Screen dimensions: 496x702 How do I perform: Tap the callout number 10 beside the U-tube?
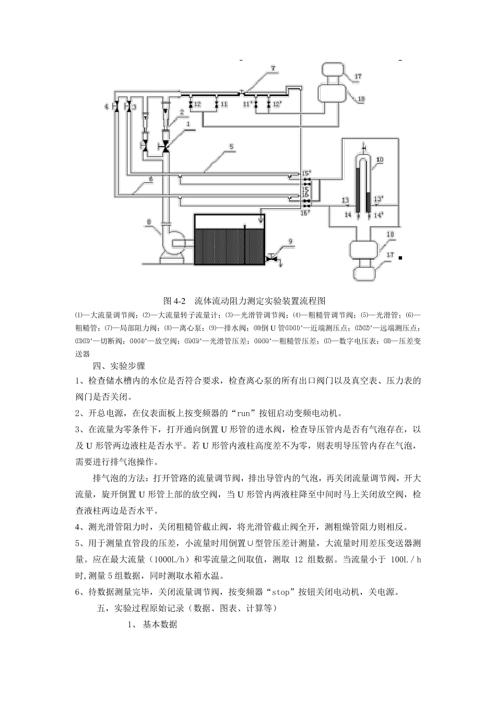click(x=380, y=159)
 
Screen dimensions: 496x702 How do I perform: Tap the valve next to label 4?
click(x=116, y=107)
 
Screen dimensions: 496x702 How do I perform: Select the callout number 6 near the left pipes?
click(x=150, y=179)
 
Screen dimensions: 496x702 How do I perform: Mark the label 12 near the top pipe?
click(x=197, y=105)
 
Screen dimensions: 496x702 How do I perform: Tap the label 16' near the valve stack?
click(x=304, y=212)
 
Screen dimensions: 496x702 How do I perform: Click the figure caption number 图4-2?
click(x=174, y=301)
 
